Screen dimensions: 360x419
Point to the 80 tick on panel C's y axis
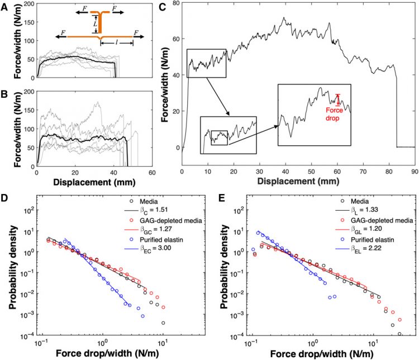177,3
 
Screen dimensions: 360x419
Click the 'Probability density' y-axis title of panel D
11,268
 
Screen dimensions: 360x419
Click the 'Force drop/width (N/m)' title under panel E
317,353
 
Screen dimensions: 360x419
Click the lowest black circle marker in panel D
163,323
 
